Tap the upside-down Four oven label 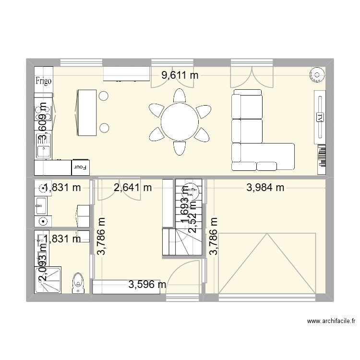pyautogui.click(x=79, y=168)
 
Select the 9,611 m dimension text pyautogui.click(x=180, y=75)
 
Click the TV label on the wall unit pyautogui.click(x=319, y=117)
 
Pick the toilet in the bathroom pyautogui.click(x=77, y=283)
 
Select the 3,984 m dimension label pyautogui.click(x=265, y=188)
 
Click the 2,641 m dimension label pyautogui.click(x=132, y=188)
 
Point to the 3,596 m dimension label pyautogui.click(x=147, y=285)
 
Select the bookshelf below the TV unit pyautogui.click(x=321, y=159)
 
